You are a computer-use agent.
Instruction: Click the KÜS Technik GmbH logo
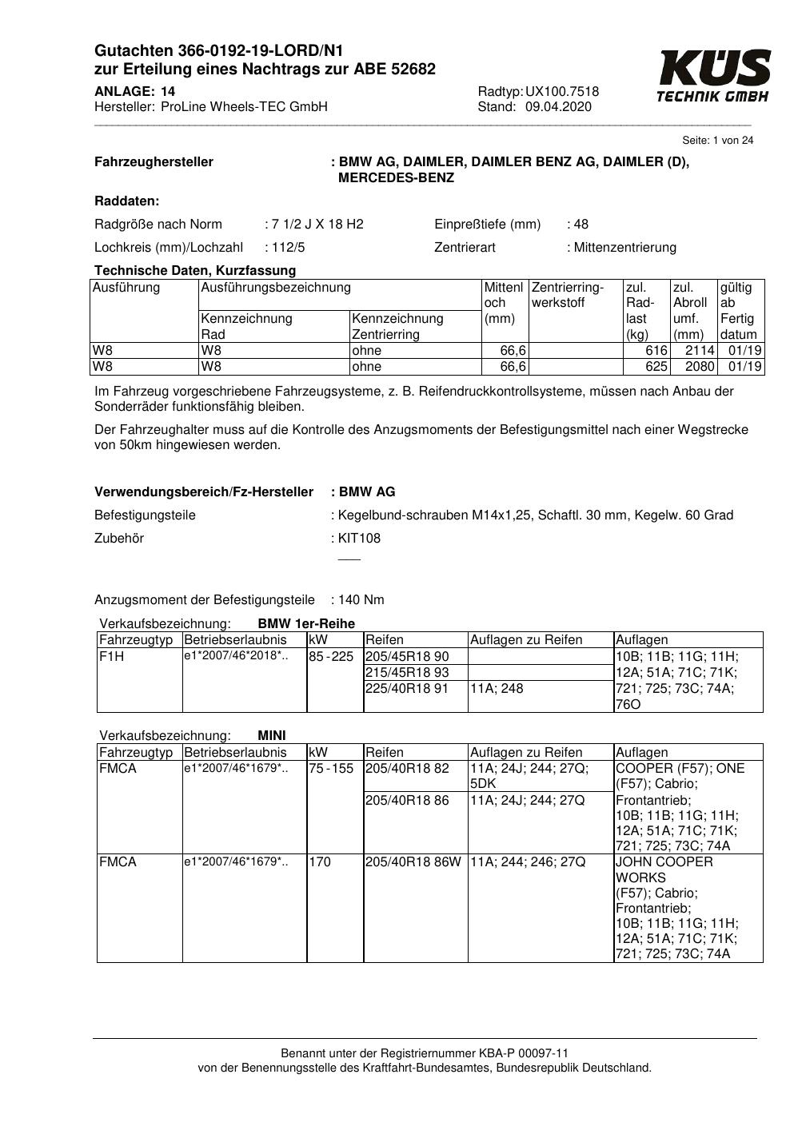point(713,76)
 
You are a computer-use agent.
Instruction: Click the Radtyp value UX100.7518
point(562,92)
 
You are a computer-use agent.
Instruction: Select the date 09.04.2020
point(558,107)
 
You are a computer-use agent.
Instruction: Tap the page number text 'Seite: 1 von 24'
point(717,141)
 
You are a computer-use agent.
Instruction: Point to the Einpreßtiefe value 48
point(581,225)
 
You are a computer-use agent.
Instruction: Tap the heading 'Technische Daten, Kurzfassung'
point(195,271)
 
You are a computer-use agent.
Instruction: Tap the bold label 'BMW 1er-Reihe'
point(306,624)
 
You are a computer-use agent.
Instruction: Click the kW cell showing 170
point(320,862)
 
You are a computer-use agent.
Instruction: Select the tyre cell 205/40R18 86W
point(413,862)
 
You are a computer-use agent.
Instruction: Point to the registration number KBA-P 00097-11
point(525,1053)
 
